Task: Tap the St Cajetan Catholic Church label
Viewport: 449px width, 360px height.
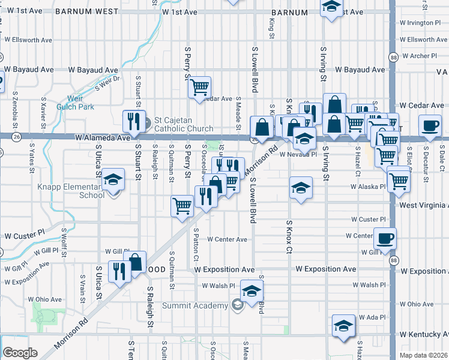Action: pyautogui.click(x=184, y=124)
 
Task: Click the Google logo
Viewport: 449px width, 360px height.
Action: pyautogui.click(x=20, y=353)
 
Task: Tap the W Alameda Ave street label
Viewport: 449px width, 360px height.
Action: pyautogui.click(x=103, y=138)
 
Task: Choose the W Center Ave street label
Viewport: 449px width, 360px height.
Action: pyautogui.click(x=228, y=239)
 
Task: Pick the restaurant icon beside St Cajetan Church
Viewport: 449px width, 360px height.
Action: pyautogui.click(x=133, y=121)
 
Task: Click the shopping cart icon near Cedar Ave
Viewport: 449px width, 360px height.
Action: pyautogui.click(x=199, y=86)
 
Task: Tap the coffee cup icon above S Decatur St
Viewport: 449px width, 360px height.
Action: pyautogui.click(x=430, y=125)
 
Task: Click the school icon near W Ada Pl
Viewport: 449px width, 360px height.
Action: pyautogui.click(x=344, y=327)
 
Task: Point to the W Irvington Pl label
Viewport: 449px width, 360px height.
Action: pyautogui.click(x=420, y=23)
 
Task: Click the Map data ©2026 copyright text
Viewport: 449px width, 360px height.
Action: pyautogui.click(x=424, y=355)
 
